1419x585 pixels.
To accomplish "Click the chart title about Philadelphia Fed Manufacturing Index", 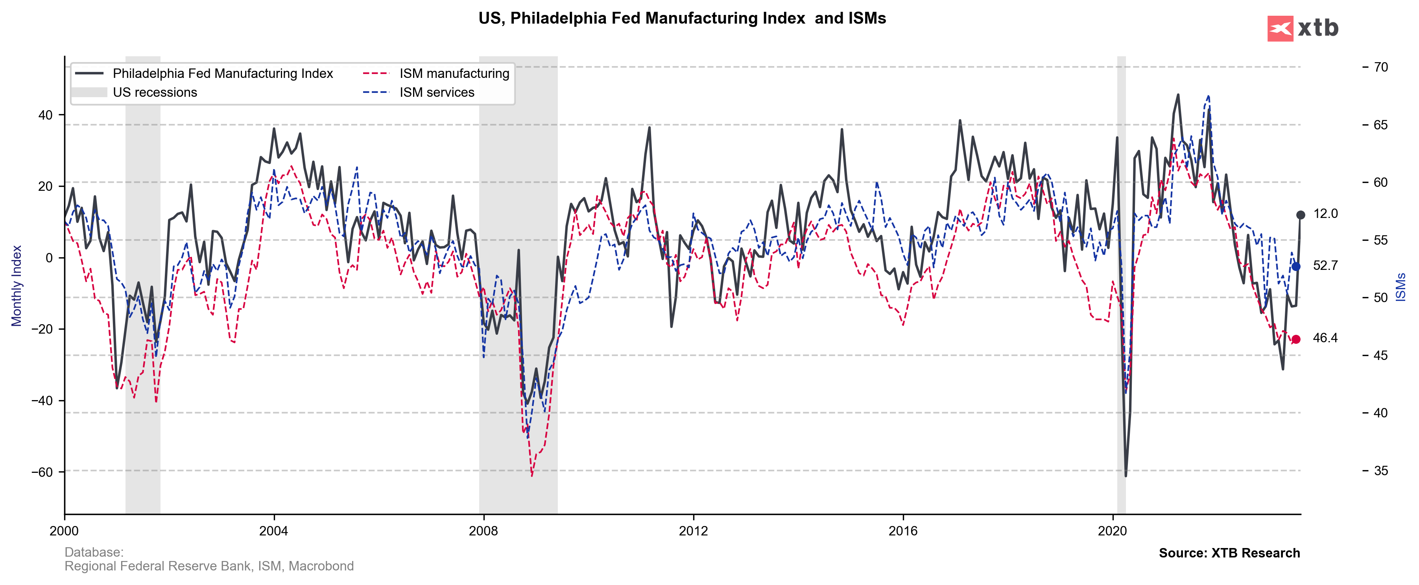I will point(682,18).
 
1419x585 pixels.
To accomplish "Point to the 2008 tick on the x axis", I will point(483,531).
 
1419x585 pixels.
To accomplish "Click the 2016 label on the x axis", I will point(903,531).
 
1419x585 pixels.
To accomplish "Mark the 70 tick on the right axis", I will point(1380,67).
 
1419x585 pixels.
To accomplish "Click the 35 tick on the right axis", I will point(1380,471).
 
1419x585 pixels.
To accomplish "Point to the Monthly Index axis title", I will point(17,285).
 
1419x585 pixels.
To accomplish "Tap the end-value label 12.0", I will point(1325,214).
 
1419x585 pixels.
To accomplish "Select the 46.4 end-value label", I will point(1325,338).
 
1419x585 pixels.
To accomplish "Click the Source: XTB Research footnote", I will point(1229,553).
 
